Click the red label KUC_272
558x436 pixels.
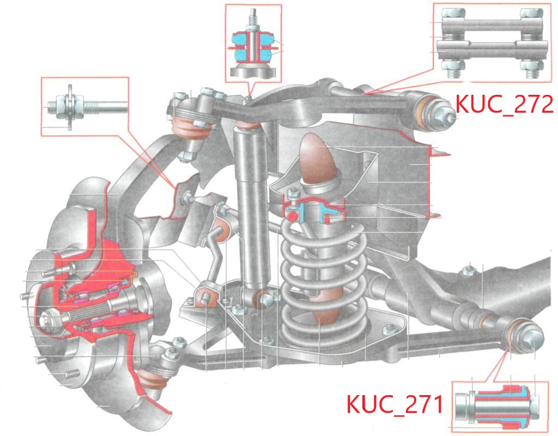504,104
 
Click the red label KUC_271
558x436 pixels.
395,404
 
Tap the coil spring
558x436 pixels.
324,281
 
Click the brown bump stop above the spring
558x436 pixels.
318,159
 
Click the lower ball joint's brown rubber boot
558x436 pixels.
153,379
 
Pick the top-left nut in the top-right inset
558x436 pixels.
453,13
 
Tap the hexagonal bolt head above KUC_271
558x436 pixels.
532,338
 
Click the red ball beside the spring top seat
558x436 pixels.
293,216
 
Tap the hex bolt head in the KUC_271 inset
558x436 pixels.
534,405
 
